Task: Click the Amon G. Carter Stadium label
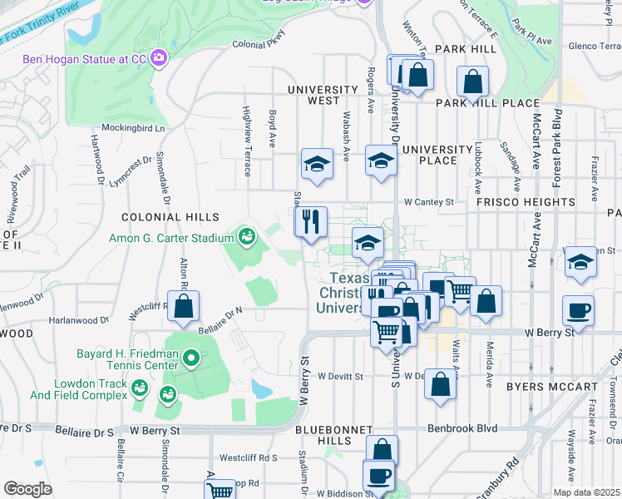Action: (x=171, y=238)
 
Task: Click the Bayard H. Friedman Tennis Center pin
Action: (x=191, y=359)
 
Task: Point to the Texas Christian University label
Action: (x=359, y=293)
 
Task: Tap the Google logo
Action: (x=27, y=489)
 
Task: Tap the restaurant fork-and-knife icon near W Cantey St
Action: (x=311, y=222)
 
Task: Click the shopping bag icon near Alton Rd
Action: (x=183, y=305)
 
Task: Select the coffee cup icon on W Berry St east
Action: (x=578, y=309)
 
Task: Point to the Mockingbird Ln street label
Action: (x=133, y=129)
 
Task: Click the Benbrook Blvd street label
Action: (x=462, y=428)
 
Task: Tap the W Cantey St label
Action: (x=429, y=202)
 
